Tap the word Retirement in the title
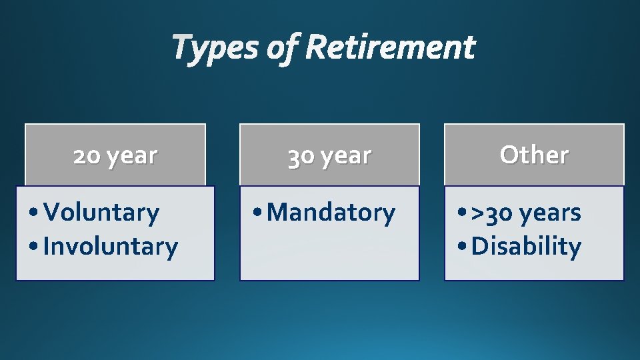pos(391,48)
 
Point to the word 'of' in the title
pos(283,49)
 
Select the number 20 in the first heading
pos(87,155)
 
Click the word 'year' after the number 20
pos(132,156)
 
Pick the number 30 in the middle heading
pos(301,156)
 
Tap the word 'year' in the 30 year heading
pos(346,156)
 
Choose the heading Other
pos(534,155)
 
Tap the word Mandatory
pos(331,213)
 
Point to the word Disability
pos(526,247)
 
